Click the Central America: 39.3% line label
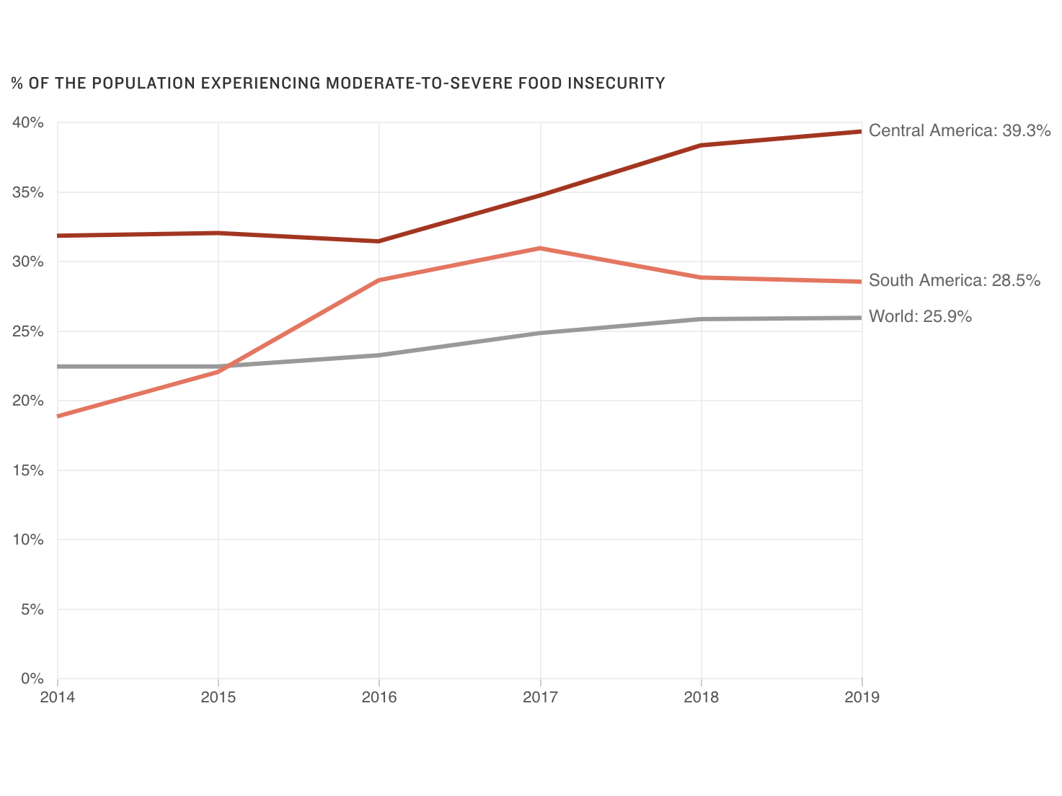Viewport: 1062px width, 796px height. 959,130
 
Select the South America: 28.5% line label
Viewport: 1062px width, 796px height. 954,280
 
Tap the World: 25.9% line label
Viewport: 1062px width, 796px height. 920,316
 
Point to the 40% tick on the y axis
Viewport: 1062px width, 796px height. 28,122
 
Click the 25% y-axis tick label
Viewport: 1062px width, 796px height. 28,331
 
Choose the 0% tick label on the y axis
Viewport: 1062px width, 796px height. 32,679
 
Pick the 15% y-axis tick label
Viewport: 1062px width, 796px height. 28,470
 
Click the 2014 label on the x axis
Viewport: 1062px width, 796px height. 57,697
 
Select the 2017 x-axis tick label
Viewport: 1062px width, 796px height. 540,697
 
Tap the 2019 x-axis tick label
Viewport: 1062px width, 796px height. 862,697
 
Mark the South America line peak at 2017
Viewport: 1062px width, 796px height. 540,249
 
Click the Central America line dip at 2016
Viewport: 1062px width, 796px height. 379,241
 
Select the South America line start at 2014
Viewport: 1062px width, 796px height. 58,416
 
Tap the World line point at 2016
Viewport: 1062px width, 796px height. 379,355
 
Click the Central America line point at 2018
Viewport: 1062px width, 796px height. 701,146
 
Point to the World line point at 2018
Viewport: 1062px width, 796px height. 701,319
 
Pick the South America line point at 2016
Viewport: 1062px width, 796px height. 379,280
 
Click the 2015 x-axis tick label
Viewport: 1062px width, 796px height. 218,697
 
